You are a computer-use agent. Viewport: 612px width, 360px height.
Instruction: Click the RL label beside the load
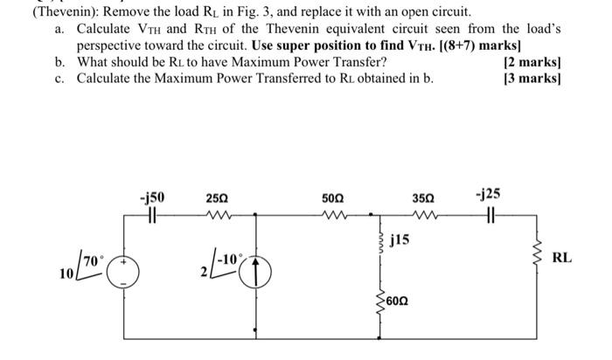click(x=562, y=258)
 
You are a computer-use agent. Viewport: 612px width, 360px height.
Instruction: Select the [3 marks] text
click(x=532, y=79)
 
